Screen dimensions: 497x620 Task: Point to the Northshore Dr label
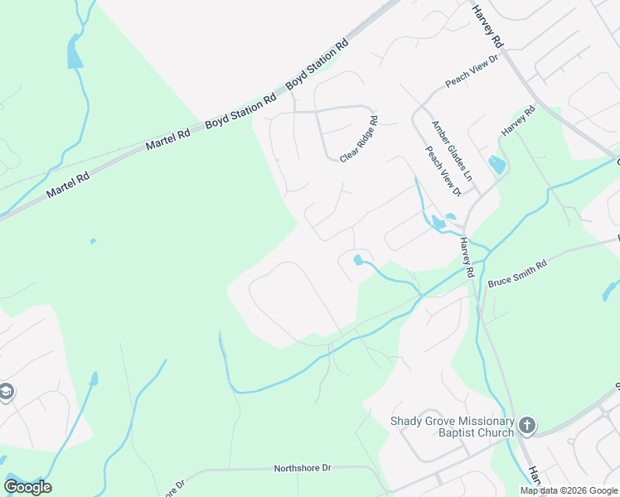303,469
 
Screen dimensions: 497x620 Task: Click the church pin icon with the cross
526,427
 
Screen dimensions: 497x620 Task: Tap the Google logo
27,487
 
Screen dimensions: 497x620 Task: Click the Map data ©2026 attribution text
569,490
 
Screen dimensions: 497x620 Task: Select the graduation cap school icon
7,392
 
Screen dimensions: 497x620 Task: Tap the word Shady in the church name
407,420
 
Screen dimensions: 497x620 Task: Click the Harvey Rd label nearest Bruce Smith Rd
467,256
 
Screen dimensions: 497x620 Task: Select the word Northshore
296,469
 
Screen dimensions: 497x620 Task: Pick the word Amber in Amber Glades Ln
438,132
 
